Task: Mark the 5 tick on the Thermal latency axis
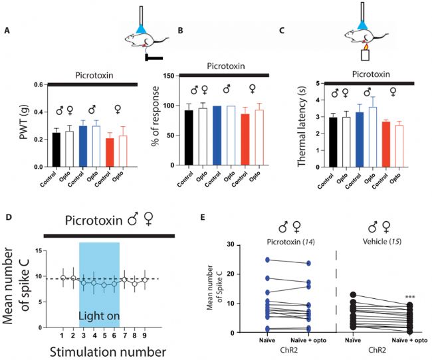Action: pos(320,83)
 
